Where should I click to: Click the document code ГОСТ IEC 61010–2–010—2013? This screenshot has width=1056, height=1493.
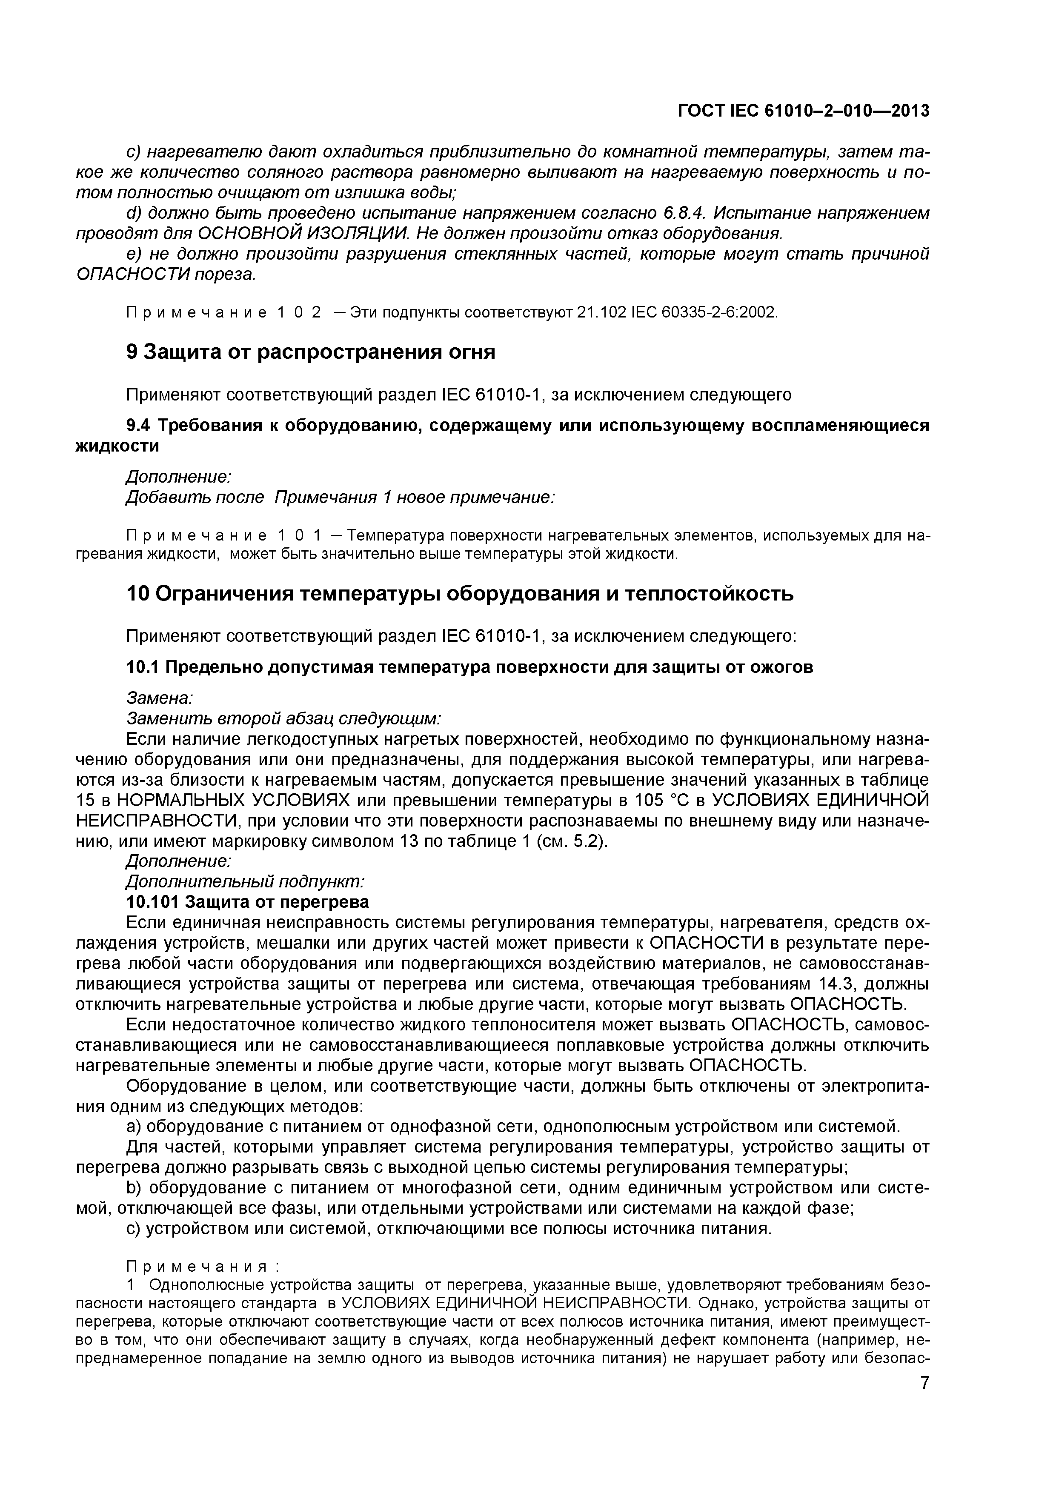(x=803, y=111)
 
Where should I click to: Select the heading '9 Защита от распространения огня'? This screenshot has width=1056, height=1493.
(x=310, y=352)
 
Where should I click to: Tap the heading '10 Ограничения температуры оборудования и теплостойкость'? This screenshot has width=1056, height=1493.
(x=459, y=594)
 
